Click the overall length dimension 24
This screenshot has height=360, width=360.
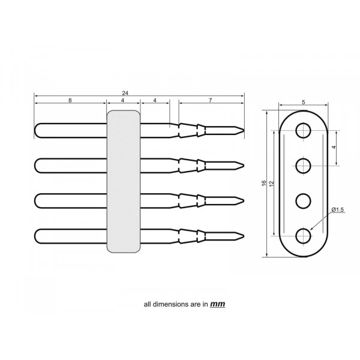124,93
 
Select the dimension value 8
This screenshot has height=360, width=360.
70,101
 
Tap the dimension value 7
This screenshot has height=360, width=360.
210,101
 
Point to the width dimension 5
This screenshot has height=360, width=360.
304,103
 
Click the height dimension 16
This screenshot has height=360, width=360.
264,182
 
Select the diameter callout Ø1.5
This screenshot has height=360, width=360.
337,209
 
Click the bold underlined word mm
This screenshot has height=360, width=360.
217,304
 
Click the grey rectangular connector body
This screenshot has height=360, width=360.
124,180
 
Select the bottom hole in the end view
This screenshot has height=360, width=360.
304,236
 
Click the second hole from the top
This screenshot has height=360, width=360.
304,164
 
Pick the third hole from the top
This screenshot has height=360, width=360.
304,200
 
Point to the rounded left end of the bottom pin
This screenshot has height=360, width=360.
37,235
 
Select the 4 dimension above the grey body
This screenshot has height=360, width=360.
123,101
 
